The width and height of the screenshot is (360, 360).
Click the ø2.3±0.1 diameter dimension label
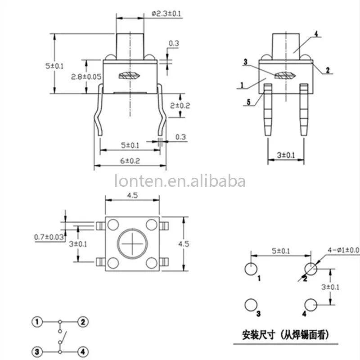[x=166, y=13]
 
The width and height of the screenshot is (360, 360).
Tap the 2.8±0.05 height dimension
[x=86, y=76]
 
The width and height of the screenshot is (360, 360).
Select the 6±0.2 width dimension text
[x=130, y=161]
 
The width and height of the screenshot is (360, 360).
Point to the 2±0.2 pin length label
[x=180, y=106]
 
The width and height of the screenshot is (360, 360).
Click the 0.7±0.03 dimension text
[x=49, y=237]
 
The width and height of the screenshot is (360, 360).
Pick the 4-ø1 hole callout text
[x=343, y=250]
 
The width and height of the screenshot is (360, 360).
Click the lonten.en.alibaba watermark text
[x=180, y=181]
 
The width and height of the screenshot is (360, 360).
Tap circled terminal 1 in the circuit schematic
[x=37, y=322]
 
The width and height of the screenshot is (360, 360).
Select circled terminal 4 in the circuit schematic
[x=83, y=351]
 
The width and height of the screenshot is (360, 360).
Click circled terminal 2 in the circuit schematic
[x=83, y=322]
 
